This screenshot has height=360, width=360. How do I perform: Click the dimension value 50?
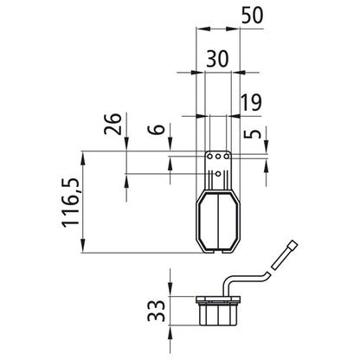coord(252,16)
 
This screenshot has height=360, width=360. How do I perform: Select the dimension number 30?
coord(217,59)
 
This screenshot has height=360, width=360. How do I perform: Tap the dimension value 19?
coord(252,102)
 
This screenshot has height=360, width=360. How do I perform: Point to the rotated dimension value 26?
coord(112,124)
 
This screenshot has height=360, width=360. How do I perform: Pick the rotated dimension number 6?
coord(156,130)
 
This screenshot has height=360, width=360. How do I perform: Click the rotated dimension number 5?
coord(252,134)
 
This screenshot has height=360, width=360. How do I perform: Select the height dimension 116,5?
coord(70,202)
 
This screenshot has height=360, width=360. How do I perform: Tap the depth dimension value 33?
coord(157,311)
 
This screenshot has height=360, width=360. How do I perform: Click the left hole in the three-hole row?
coord(210,157)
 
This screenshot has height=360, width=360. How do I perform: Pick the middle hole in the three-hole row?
coord(218,157)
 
